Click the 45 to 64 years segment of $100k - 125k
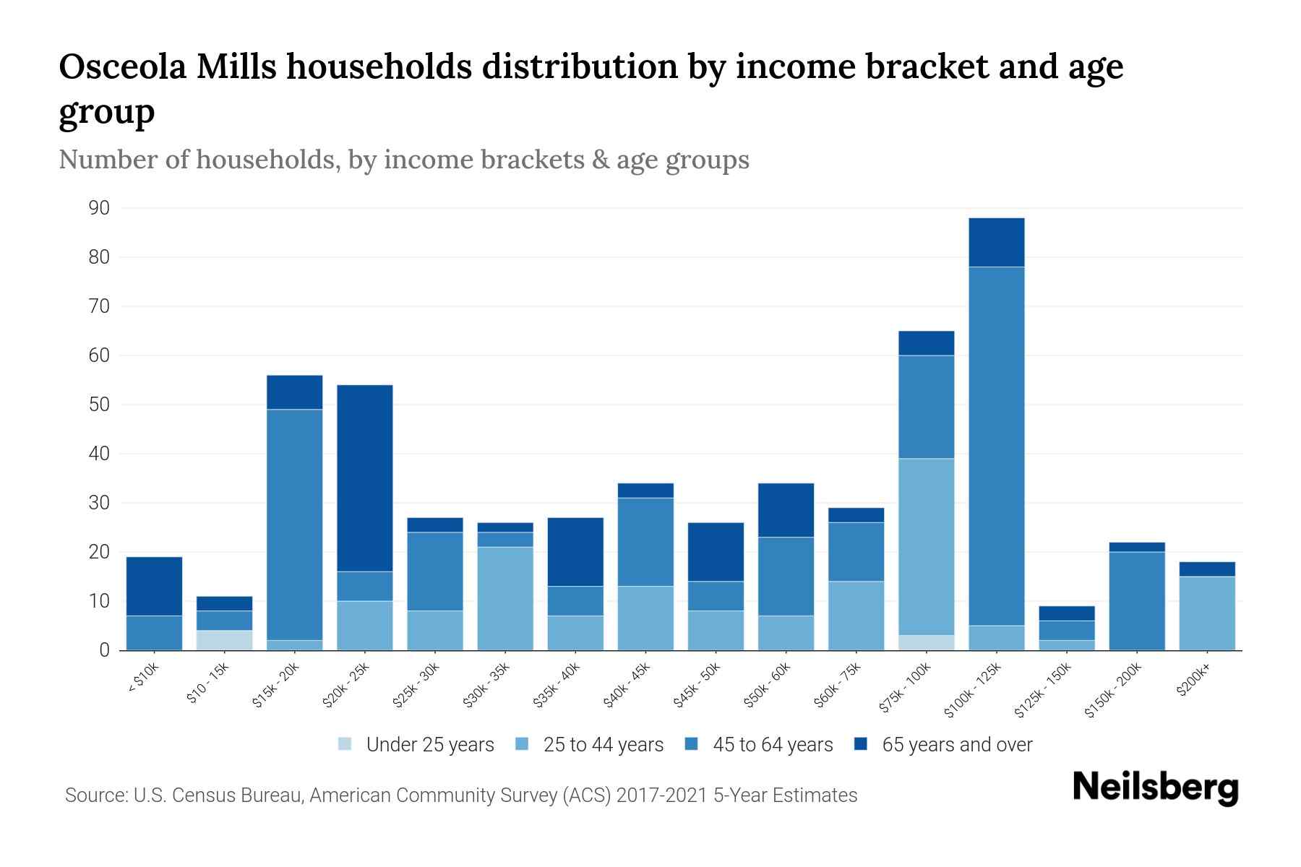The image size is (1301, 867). pos(997,446)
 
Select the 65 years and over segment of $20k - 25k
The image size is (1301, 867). pos(365,478)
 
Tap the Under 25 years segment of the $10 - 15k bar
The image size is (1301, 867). pos(224,640)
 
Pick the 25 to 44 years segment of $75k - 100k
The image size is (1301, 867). pos(927,547)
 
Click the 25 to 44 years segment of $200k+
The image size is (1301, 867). pos(1207,613)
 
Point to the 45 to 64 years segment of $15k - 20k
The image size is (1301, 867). pos(295,525)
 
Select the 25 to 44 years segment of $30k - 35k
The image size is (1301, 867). pos(505,598)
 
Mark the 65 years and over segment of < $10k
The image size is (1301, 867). pos(154,586)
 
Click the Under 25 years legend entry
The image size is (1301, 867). pos(416,745)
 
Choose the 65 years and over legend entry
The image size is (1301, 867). pos(943,745)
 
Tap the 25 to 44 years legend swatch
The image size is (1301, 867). pos(523,744)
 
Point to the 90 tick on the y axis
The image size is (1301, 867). pos(99,209)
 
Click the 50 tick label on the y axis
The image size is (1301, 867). pos(99,405)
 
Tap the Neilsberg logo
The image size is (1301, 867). pos(1155,788)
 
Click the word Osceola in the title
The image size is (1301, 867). pos(121,68)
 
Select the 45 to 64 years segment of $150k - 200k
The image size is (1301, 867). pos(1137,600)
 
